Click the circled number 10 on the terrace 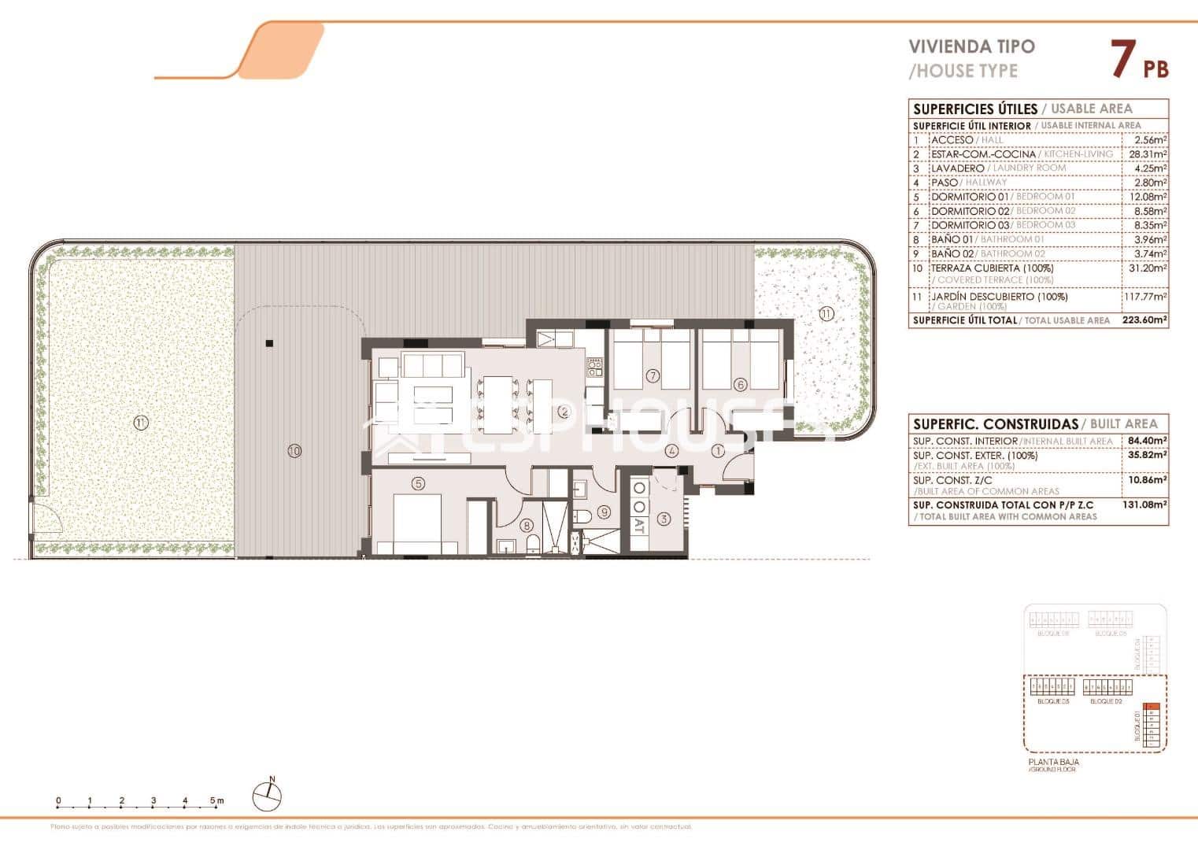tap(294, 451)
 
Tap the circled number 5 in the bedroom tap(418, 483)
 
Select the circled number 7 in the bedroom tap(653, 375)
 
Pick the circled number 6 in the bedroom tap(740, 385)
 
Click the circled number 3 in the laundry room tap(664, 519)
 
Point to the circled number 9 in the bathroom tap(604, 512)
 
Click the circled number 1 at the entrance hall tap(718, 451)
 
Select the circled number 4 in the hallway tap(671, 451)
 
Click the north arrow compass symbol tap(267, 796)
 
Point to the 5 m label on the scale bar tap(216, 801)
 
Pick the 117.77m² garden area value tap(1144, 297)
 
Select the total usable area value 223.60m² tap(1144, 320)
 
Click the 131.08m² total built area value tap(1144, 505)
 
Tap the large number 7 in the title tap(1123, 60)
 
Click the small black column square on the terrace tap(269, 343)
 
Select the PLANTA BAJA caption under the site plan tap(1053, 762)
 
